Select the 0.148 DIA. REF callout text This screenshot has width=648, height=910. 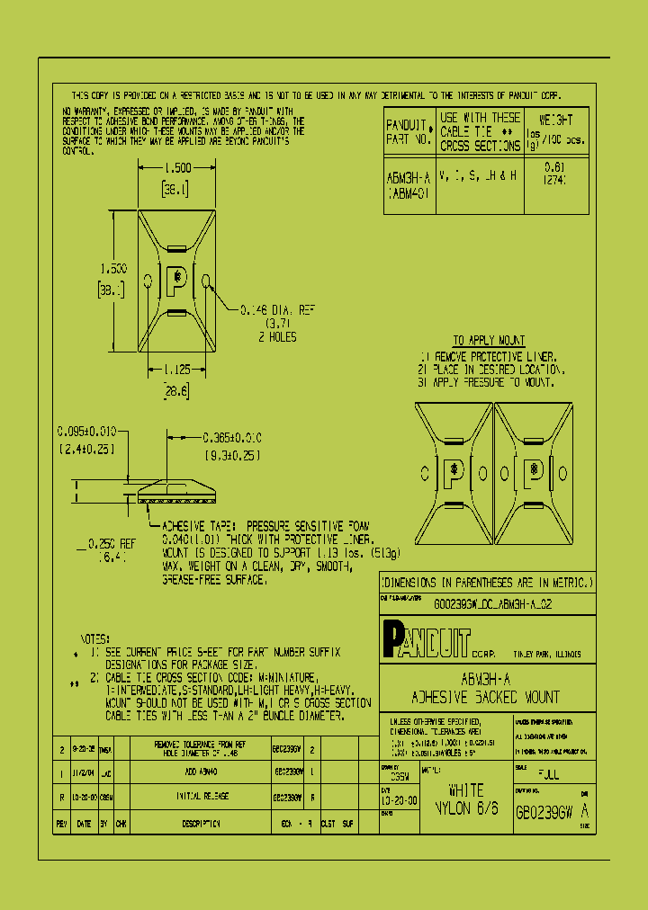tap(277, 310)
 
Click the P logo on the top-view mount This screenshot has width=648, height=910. tap(177, 278)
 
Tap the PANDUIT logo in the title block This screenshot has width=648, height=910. tap(427, 639)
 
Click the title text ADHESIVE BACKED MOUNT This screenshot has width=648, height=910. tap(485, 697)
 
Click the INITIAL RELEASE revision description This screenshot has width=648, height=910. tap(200, 797)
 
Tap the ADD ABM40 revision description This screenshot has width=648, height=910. tap(200, 772)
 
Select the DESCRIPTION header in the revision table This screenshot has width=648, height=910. tap(200, 823)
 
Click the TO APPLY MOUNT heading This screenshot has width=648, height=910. tap(489, 341)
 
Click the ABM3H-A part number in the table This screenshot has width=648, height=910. tap(408, 178)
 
